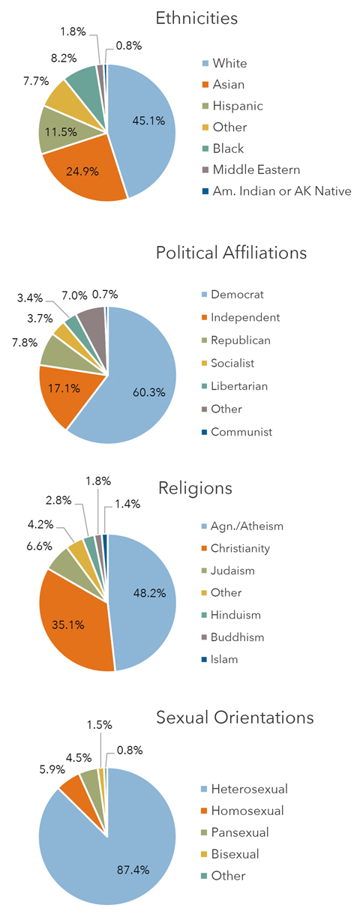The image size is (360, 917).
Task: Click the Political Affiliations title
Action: click(231, 253)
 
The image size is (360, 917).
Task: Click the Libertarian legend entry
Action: click(240, 386)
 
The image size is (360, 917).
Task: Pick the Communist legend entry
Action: click(241, 432)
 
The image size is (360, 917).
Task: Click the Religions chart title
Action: click(195, 488)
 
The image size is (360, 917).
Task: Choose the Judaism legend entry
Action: click(232, 571)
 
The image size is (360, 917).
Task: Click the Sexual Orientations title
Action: click(235, 718)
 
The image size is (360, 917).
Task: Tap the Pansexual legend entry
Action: click(239, 832)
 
